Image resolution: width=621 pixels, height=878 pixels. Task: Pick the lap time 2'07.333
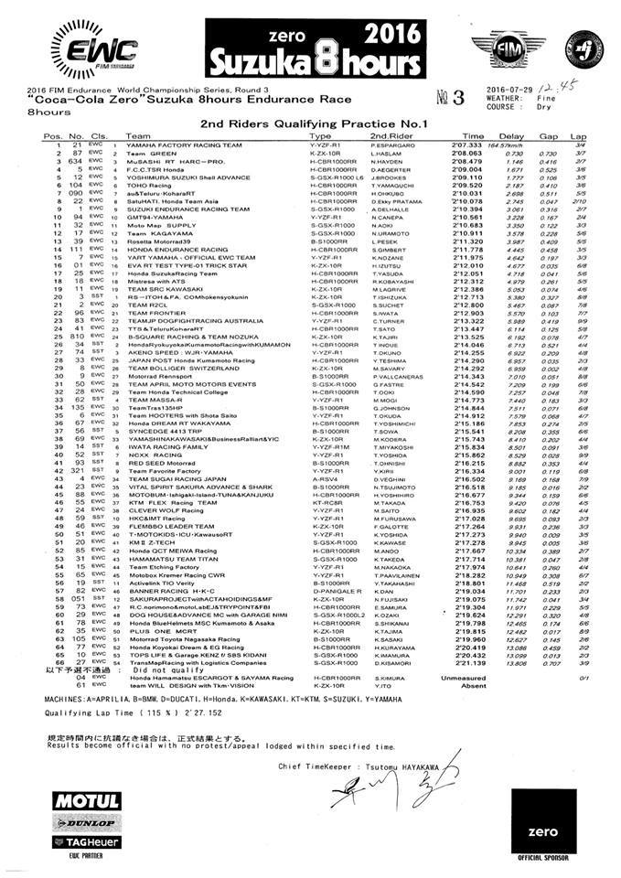point(465,171)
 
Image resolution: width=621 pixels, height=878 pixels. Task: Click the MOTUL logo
point(87,802)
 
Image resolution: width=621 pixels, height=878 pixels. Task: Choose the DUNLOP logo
point(88,820)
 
